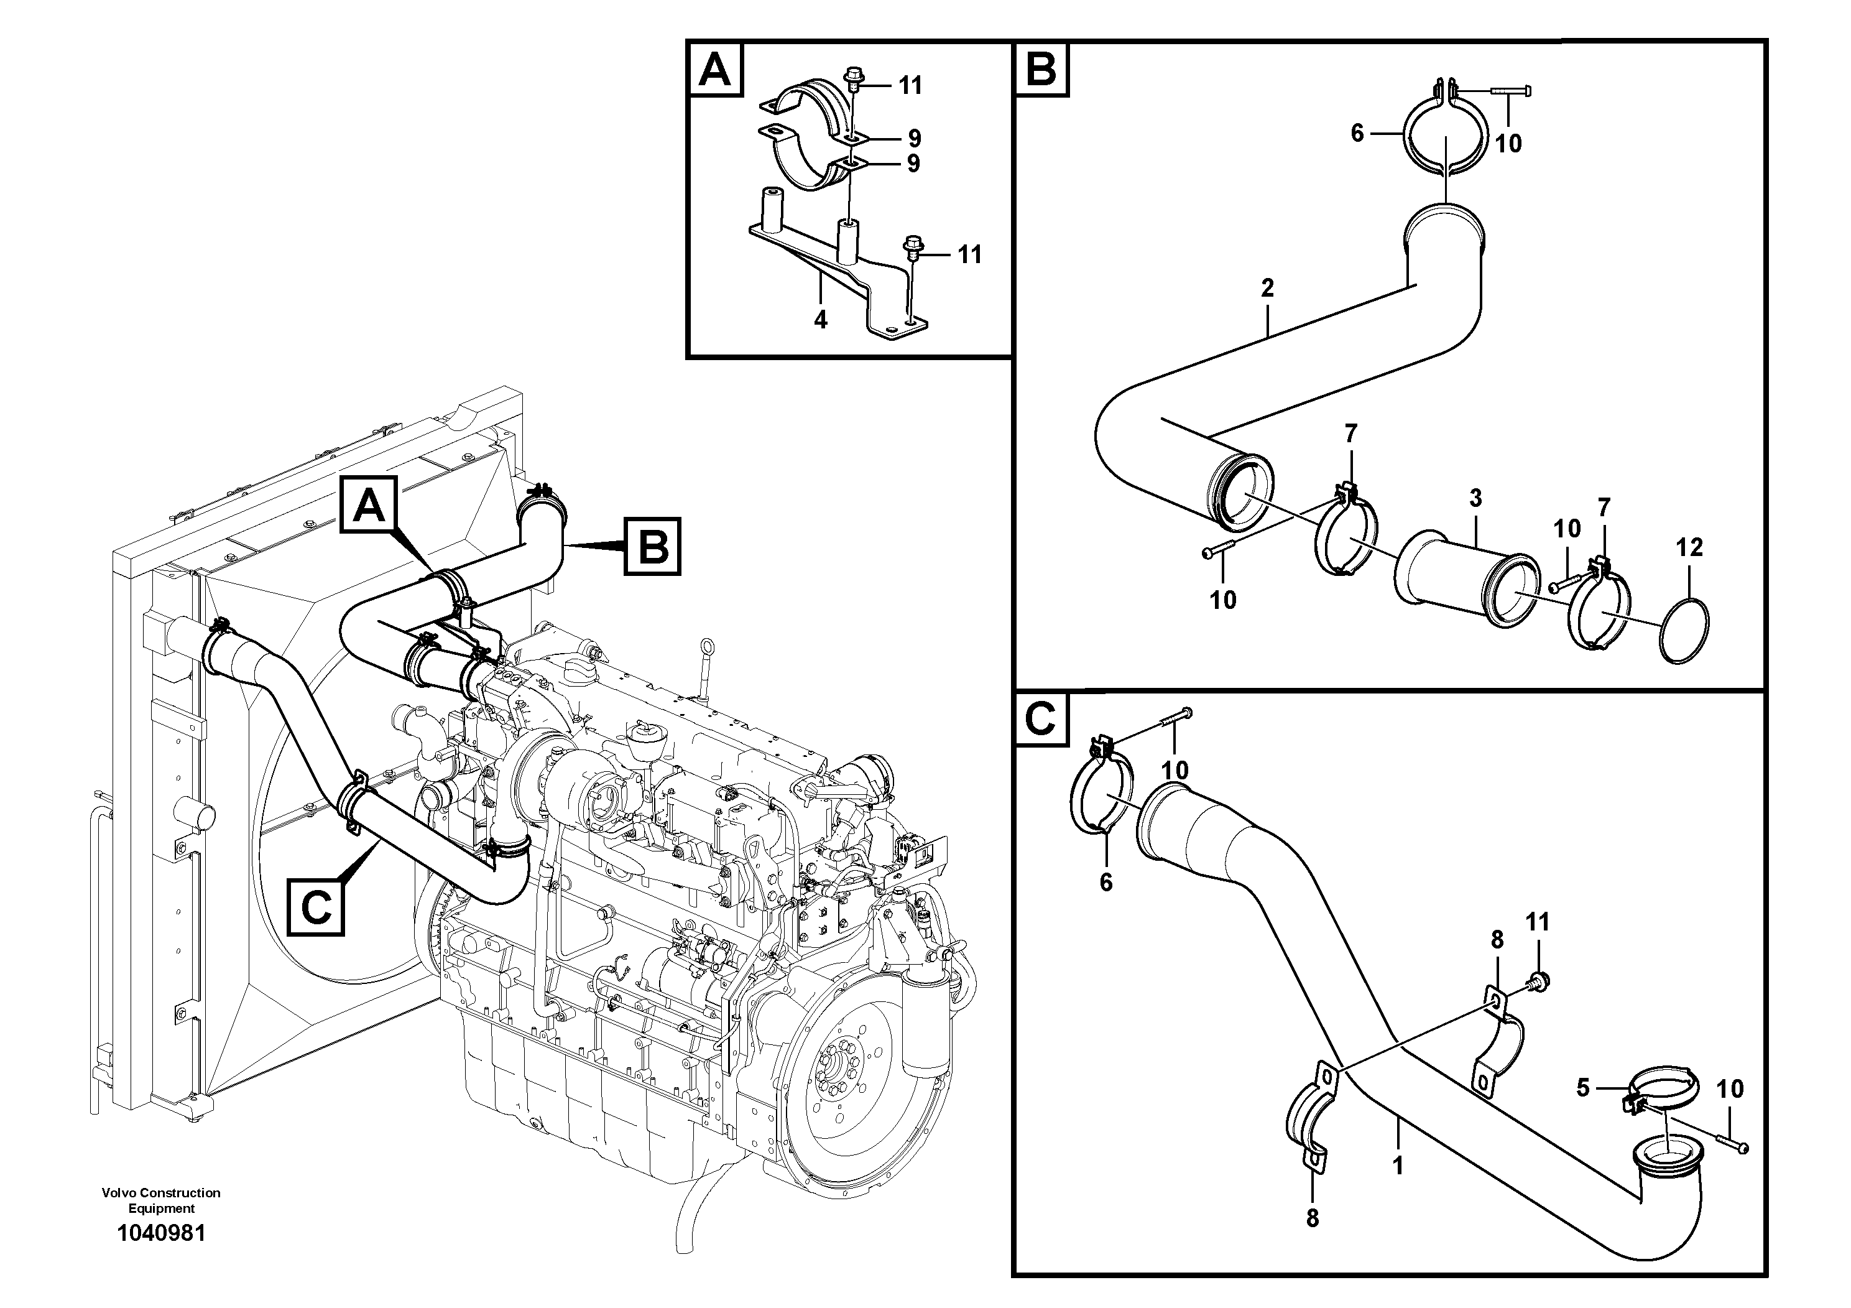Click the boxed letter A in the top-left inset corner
point(714,70)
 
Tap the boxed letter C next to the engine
point(316,907)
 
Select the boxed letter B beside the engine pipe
point(652,547)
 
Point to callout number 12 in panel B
point(1689,547)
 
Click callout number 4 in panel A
point(820,320)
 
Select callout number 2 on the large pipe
point(1267,288)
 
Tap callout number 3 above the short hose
point(1475,498)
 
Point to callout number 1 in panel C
point(1398,1166)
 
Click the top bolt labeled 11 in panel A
point(852,79)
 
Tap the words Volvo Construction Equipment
point(161,1200)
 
